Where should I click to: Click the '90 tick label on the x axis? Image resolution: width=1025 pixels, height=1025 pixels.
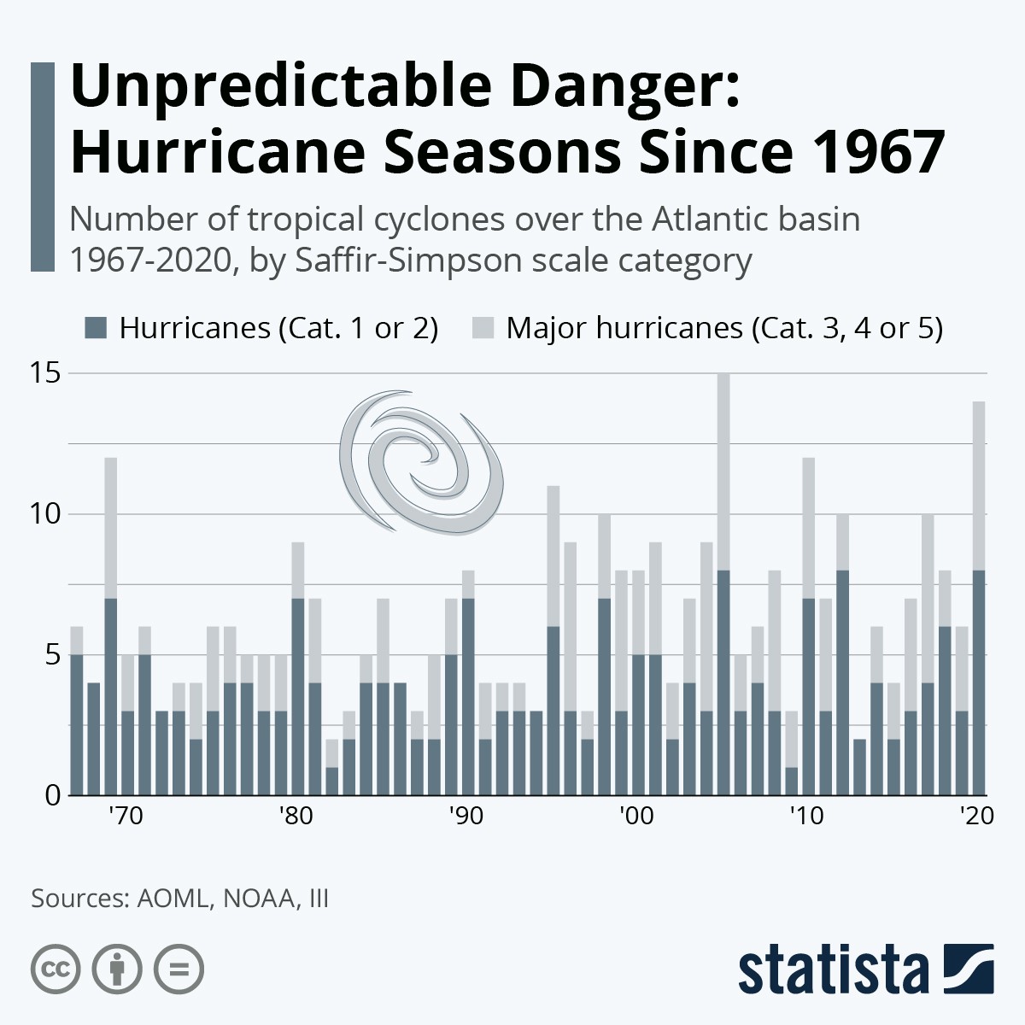click(x=466, y=816)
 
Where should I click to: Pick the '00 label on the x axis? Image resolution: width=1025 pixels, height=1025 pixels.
click(x=635, y=816)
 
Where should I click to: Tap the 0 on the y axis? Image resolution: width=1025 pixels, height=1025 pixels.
click(x=53, y=795)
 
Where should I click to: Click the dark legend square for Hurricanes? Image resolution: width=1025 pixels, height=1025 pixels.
click(x=97, y=328)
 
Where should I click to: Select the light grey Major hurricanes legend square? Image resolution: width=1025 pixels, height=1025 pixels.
click(x=483, y=328)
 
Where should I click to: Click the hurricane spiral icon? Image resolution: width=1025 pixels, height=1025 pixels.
click(x=420, y=461)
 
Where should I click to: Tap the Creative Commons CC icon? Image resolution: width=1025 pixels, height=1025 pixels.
click(x=56, y=969)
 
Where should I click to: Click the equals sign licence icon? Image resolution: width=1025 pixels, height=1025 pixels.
click(x=179, y=969)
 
